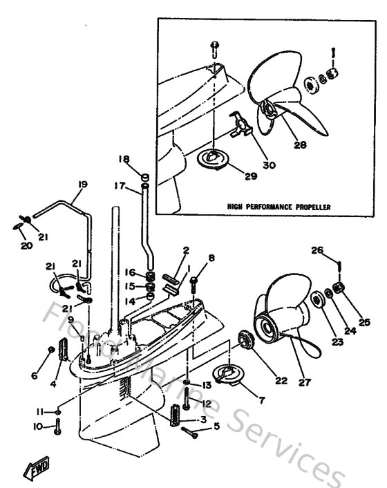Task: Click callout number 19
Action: tap(82, 185)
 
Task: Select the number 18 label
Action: tap(124, 158)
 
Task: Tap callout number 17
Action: tap(119, 185)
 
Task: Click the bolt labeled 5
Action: tap(189, 433)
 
